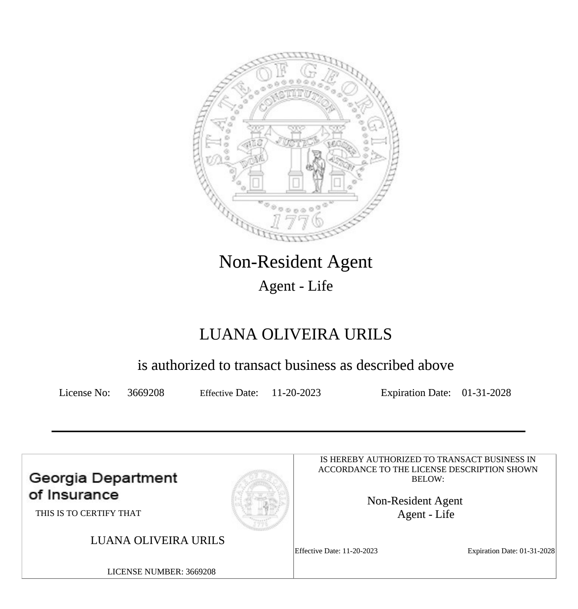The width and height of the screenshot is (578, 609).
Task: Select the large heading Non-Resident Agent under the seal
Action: (x=296, y=262)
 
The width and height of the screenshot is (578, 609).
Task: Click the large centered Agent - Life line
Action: (x=296, y=286)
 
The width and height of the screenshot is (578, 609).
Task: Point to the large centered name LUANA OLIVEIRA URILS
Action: (x=296, y=335)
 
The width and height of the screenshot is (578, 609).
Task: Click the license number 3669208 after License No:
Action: (x=146, y=393)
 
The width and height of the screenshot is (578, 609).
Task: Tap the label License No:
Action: (x=85, y=393)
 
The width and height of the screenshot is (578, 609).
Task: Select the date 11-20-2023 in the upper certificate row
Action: (x=296, y=393)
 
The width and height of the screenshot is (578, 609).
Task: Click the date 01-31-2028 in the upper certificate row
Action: (x=486, y=393)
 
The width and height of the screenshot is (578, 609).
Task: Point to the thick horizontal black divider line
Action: (x=289, y=432)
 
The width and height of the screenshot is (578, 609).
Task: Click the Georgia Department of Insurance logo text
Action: (x=103, y=486)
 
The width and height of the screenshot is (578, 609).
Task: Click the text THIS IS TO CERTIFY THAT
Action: (x=88, y=513)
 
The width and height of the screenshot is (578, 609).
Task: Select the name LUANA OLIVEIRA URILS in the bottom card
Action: (x=157, y=541)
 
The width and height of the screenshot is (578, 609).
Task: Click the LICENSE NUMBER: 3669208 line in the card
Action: (x=161, y=572)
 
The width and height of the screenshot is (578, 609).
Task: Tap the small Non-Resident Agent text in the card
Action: (x=415, y=501)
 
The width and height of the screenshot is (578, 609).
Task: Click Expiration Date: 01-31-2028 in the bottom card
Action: (x=511, y=551)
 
